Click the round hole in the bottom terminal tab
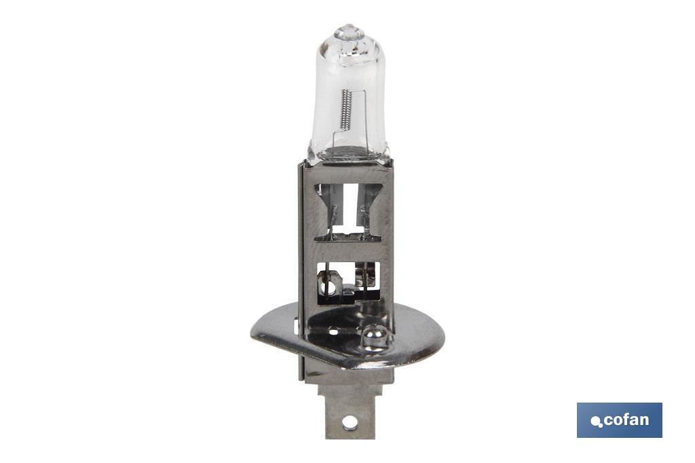(x=350, y=422)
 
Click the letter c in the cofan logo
(x=608, y=420)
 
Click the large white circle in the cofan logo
(x=595, y=421)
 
